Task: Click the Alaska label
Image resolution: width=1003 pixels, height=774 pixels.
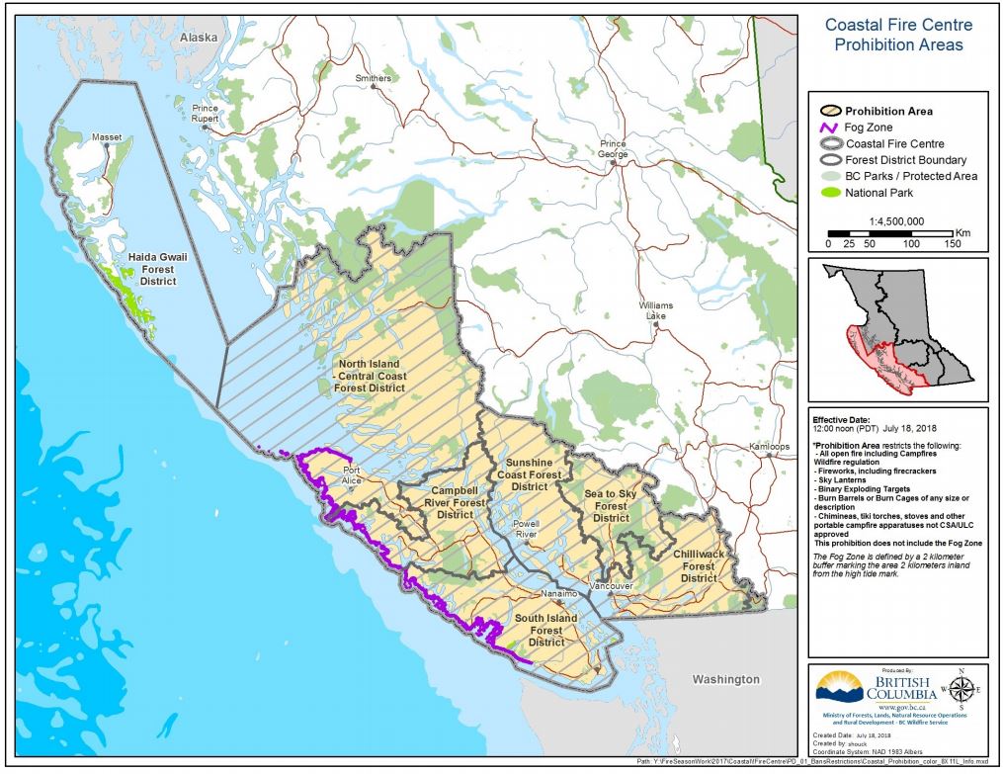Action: point(198,37)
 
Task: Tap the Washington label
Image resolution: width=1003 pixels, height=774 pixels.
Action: point(725,679)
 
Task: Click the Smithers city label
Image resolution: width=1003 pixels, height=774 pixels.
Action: point(374,78)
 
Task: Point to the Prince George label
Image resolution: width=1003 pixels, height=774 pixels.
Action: point(613,149)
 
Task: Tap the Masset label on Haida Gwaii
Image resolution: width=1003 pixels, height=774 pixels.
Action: point(107,136)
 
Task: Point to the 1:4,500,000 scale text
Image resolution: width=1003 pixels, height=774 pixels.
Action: point(896,221)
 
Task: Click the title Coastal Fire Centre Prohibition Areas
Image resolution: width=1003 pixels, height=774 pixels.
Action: point(897,36)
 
